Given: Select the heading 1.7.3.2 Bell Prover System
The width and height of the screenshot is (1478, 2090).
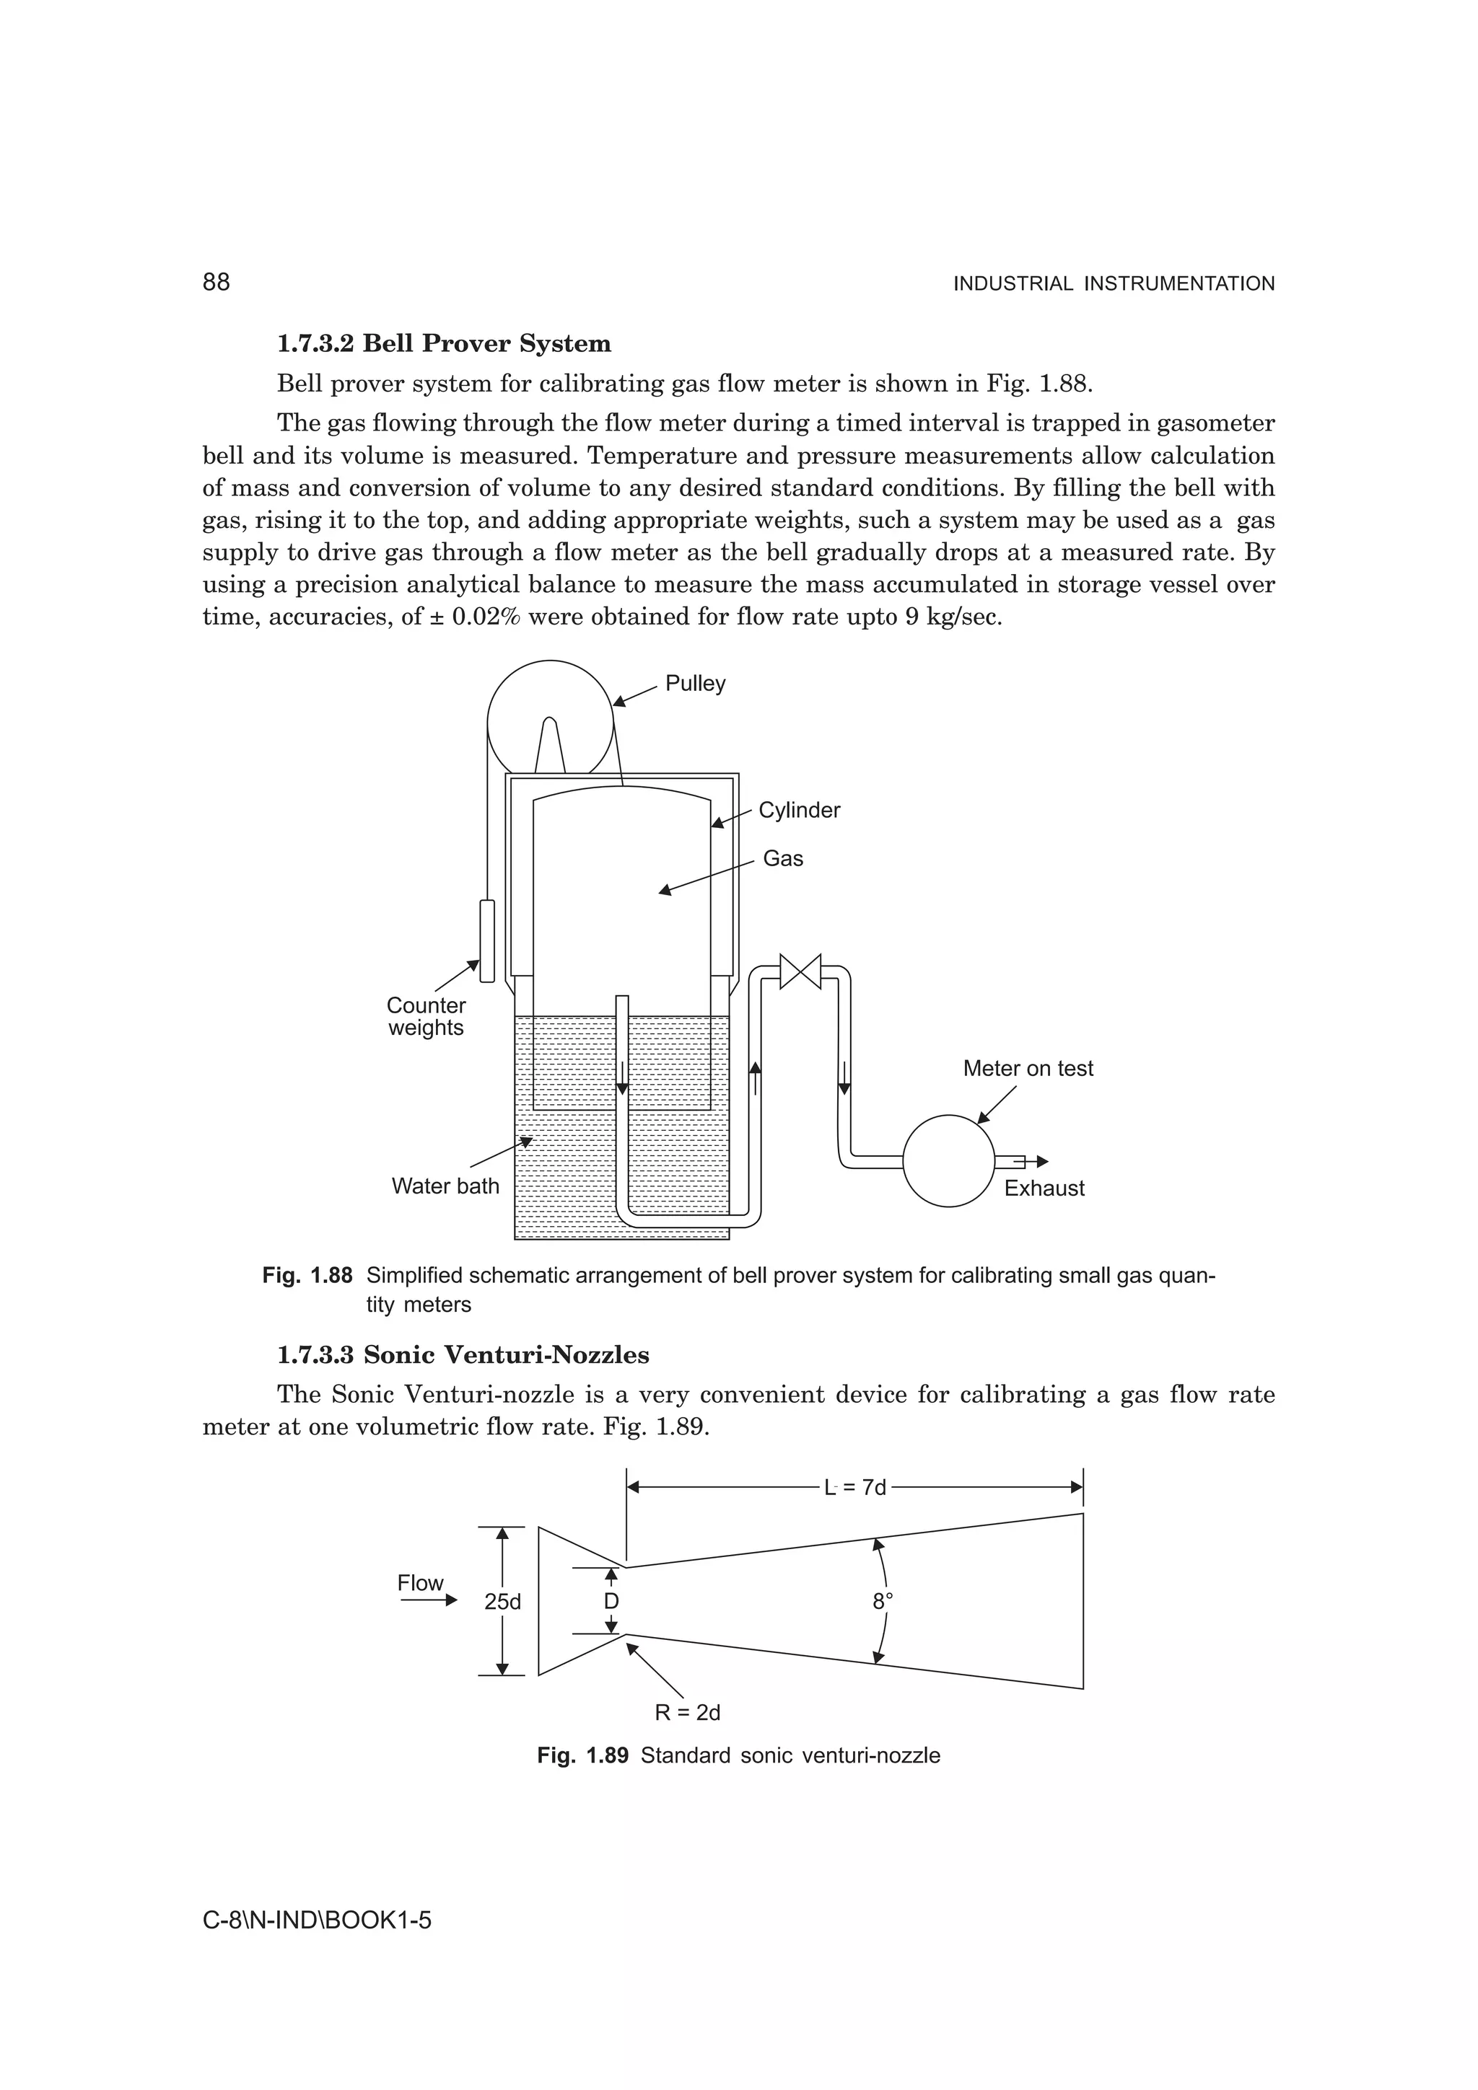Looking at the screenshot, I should tap(444, 343).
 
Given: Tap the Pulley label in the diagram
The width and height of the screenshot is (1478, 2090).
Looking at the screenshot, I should tap(695, 684).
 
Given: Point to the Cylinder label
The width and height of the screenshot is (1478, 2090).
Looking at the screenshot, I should tap(799, 810).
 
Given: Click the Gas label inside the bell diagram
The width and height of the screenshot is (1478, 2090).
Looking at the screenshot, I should tap(782, 858).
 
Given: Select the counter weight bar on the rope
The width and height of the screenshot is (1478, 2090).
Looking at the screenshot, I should tap(487, 941).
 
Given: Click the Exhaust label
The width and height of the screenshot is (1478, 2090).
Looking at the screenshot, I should tap(1044, 1189).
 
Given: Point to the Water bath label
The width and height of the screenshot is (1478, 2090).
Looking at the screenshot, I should tap(445, 1186).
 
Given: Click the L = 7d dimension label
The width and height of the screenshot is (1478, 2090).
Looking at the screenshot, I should tap(854, 1487).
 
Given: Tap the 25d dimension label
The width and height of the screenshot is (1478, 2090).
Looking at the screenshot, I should tap(503, 1602).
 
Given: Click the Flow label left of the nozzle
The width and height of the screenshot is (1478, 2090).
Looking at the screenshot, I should tap(420, 1583).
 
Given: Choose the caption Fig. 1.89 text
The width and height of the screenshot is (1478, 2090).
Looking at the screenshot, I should tap(738, 1756).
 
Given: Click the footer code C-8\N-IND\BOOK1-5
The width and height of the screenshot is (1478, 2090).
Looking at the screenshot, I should tap(316, 1921).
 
